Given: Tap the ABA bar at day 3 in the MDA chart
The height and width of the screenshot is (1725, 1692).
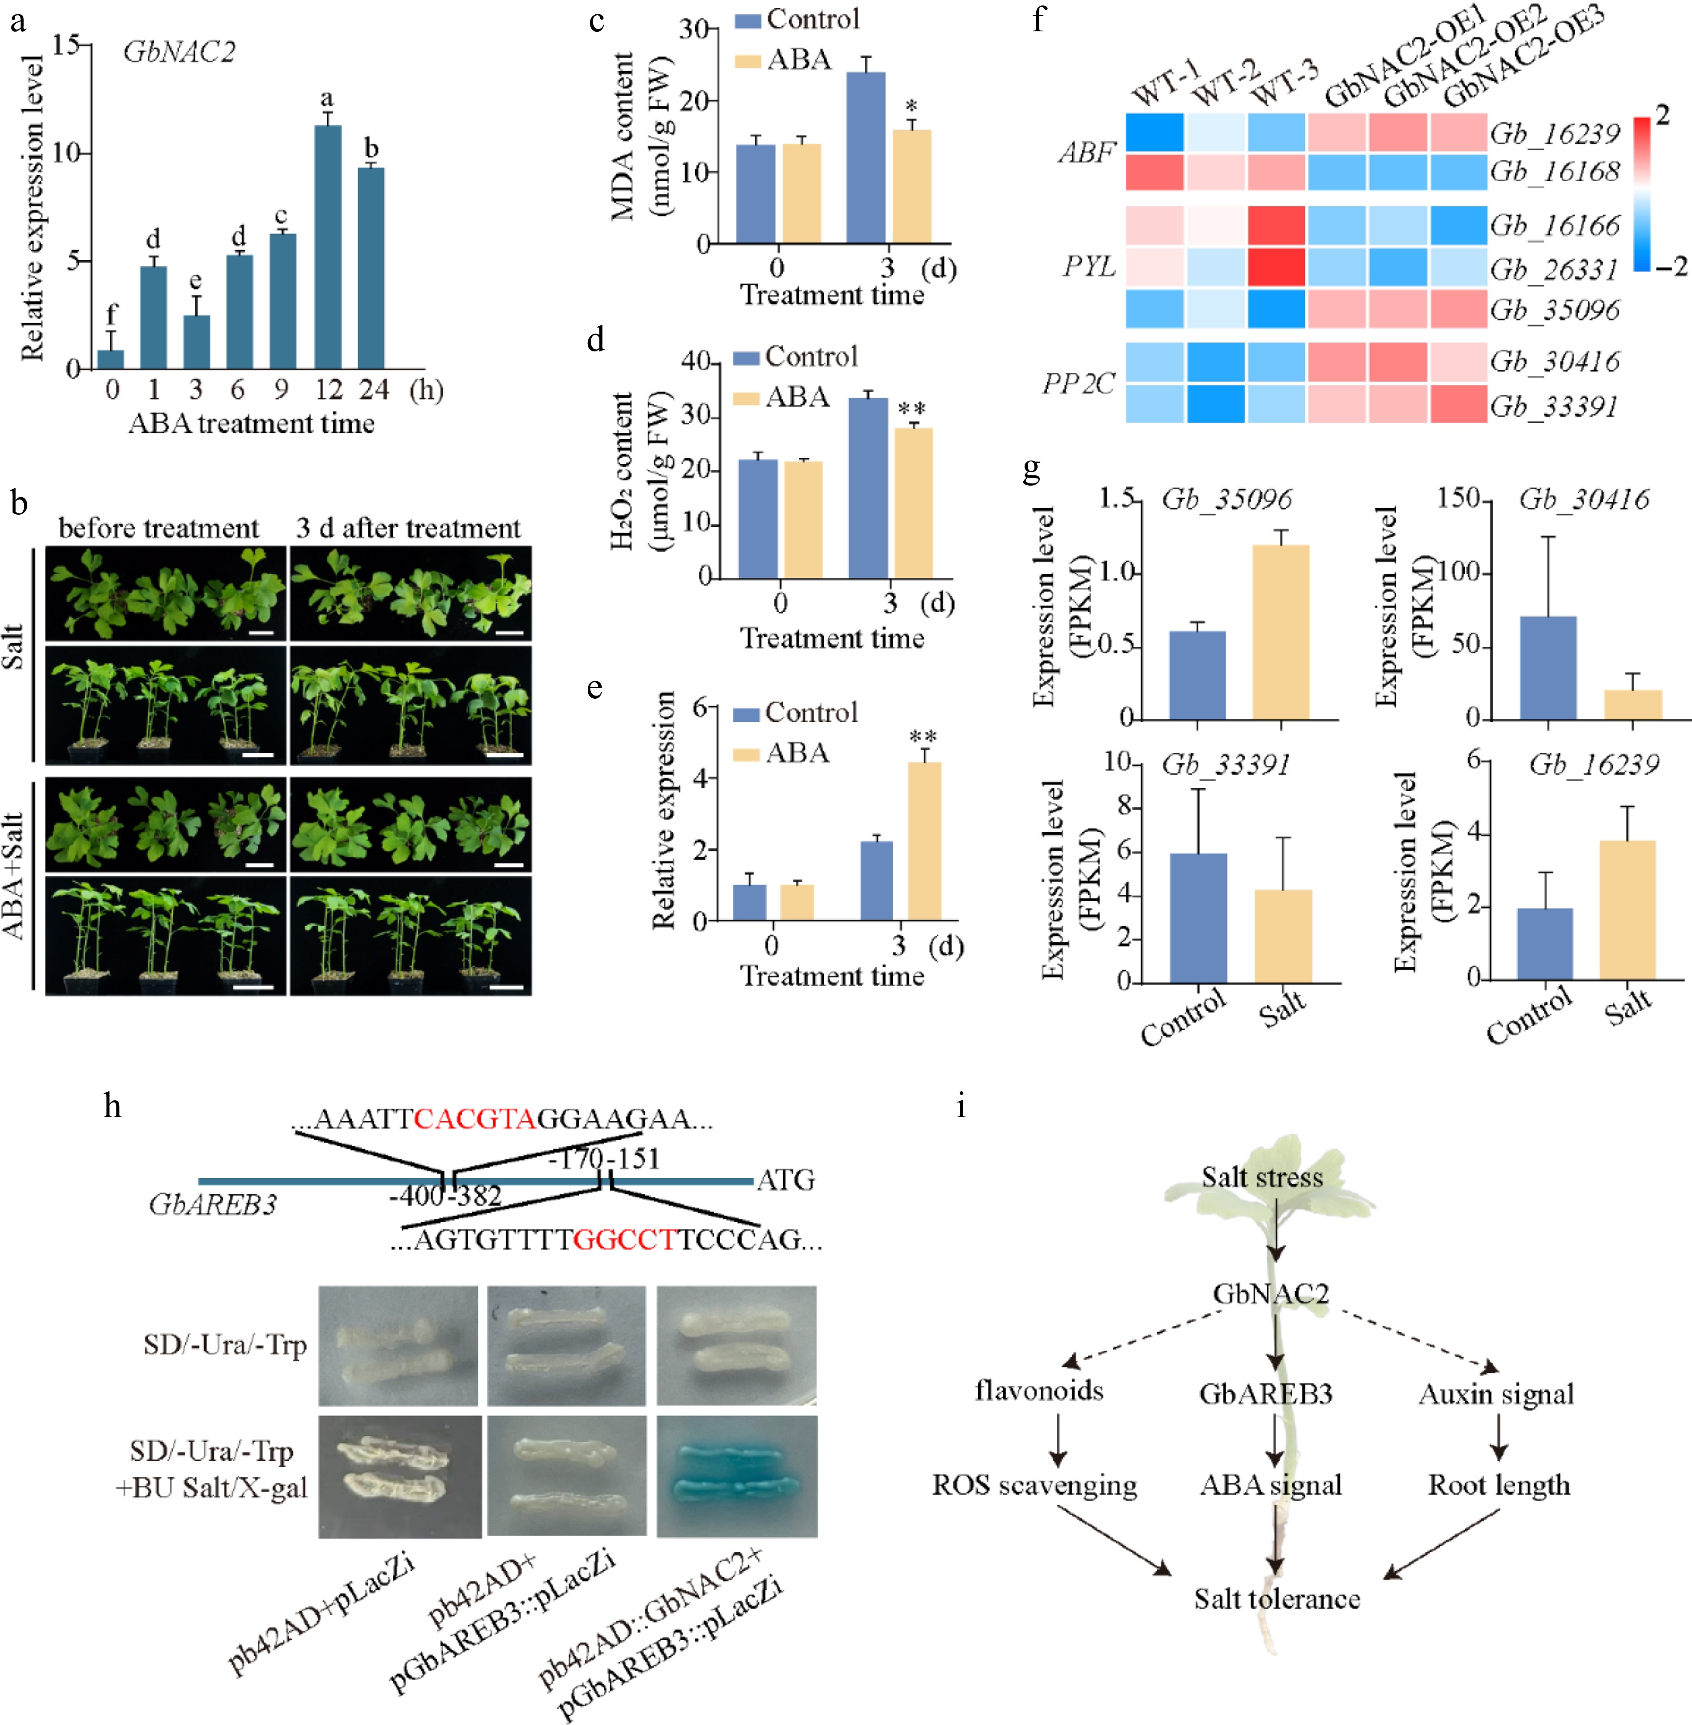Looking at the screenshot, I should tap(912, 187).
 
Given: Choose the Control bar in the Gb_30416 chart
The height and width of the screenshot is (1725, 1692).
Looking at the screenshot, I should tap(1548, 667).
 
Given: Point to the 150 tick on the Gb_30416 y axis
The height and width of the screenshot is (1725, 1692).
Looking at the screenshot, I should tap(1457, 500).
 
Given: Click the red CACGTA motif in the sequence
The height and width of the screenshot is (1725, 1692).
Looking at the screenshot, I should tap(475, 1119).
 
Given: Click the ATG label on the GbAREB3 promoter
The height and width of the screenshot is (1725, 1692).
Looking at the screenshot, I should tap(786, 1180).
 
